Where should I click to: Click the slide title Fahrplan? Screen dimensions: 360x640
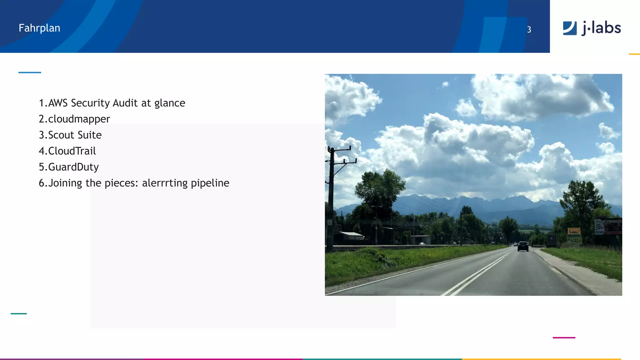click(x=39, y=28)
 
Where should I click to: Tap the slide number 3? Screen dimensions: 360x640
click(x=529, y=29)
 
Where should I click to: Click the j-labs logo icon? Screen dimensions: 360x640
click(x=569, y=28)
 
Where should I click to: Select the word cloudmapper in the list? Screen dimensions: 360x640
click(x=79, y=119)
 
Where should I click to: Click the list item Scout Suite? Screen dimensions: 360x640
click(x=75, y=135)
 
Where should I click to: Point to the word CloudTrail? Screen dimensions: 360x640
click(x=72, y=151)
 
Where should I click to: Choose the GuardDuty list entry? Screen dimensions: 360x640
click(x=73, y=167)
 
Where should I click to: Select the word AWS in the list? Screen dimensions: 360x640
click(x=58, y=103)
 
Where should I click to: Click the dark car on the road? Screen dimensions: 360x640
click(x=523, y=246)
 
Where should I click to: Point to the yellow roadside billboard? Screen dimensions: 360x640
click(x=574, y=232)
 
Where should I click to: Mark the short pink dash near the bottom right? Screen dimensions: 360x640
click(x=564, y=337)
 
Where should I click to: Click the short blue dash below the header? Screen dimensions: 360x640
click(x=30, y=72)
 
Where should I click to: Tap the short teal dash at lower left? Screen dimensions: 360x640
click(x=19, y=313)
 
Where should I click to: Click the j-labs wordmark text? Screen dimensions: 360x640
click(x=601, y=28)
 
